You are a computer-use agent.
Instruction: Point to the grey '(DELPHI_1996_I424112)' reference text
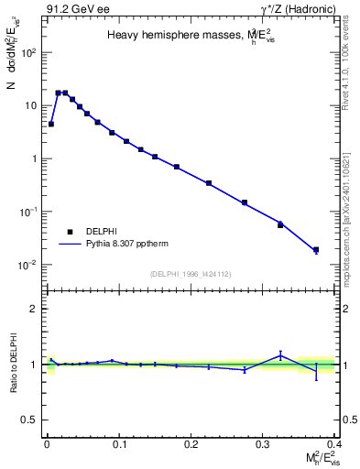click(x=190, y=273)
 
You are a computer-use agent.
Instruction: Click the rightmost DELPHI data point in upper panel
click(x=316, y=249)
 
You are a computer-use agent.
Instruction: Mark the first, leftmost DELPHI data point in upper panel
click(x=51, y=124)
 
